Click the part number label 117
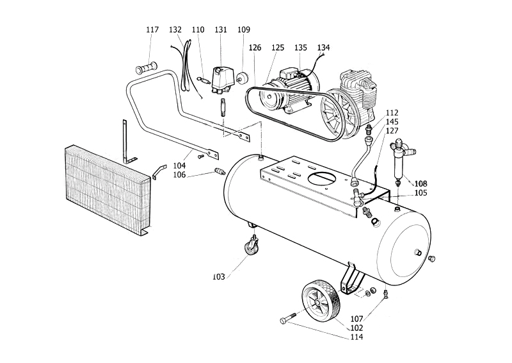tap(152, 30)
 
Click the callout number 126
tap(255, 48)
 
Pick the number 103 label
tap(218, 277)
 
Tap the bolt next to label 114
tap(287, 318)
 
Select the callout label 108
tap(420, 183)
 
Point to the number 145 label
tap(392, 122)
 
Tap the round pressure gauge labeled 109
tap(243, 78)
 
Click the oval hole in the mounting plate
tap(322, 179)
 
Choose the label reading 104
tap(179, 165)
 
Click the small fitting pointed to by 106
tap(219, 171)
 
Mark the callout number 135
tap(300, 48)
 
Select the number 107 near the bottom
tap(356, 319)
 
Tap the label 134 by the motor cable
tap(323, 48)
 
